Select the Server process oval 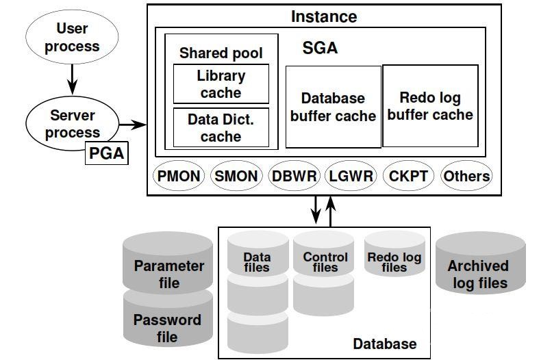pyautogui.click(x=72, y=124)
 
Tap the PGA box pyautogui.click(x=107, y=153)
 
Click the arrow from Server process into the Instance pyautogui.click(x=133, y=125)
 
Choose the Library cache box pyautogui.click(x=220, y=84)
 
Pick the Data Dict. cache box pyautogui.click(x=220, y=128)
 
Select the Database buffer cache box pyautogui.click(x=333, y=107)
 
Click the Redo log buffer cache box pyautogui.click(x=430, y=106)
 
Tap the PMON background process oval pyautogui.click(x=179, y=176)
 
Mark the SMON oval pyautogui.click(x=236, y=176)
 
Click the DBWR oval pyautogui.click(x=294, y=176)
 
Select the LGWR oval pyautogui.click(x=351, y=176)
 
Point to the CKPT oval pyautogui.click(x=408, y=176)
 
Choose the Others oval pyautogui.click(x=466, y=176)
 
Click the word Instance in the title pyautogui.click(x=324, y=16)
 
